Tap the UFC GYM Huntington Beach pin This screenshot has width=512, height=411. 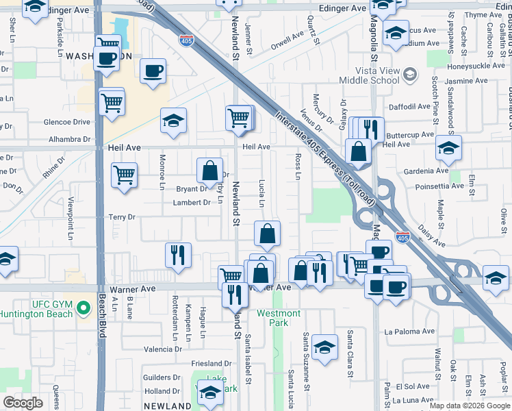click(84, 309)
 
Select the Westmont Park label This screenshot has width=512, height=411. click(279, 318)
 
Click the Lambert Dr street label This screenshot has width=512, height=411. click(192, 203)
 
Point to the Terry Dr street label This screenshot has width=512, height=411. click(123, 217)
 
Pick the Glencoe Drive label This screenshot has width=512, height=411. click(66, 122)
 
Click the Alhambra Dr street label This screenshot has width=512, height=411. click(66, 137)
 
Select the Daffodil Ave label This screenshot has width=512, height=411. click(407, 107)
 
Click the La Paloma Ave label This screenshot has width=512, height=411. click(409, 332)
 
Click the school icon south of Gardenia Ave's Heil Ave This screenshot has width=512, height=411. click(448, 149)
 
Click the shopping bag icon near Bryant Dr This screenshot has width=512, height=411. click(210, 171)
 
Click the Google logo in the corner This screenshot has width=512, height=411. click(23, 403)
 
